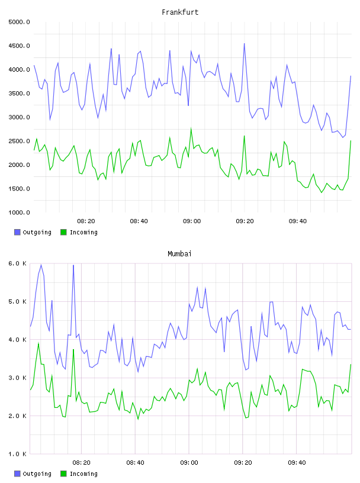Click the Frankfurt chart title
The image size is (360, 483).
[180, 12]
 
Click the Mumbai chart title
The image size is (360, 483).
[179, 254]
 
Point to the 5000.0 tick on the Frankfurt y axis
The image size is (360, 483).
[19, 22]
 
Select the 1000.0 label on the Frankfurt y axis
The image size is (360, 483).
[19, 212]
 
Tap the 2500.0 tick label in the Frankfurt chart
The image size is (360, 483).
[19, 141]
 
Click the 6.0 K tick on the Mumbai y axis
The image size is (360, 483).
[17, 263]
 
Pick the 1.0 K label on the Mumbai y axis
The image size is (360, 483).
[17, 454]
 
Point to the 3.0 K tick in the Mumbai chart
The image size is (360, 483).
[17, 378]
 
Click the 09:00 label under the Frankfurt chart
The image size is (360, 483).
[192, 221]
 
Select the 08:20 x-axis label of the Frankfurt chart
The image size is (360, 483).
[86, 221]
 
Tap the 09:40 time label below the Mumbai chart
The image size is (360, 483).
[297, 462]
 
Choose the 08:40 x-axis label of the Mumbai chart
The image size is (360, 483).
[136, 462]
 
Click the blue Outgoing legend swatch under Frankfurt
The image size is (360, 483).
[17, 232]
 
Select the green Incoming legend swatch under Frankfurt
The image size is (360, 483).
[63, 232]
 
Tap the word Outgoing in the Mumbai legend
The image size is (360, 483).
[37, 474]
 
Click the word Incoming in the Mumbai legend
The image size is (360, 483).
[83, 474]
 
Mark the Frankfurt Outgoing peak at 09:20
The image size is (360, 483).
[245, 44]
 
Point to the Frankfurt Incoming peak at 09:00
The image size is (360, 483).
[191, 129]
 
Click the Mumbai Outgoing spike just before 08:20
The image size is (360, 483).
[73, 265]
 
